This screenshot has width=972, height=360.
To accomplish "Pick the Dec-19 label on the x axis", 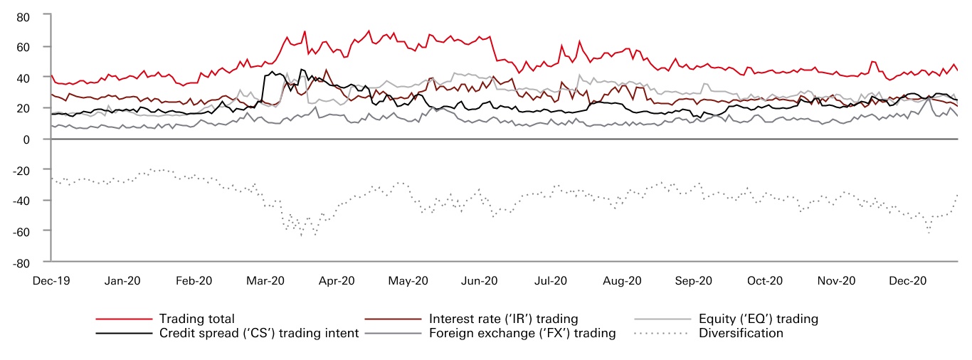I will coord(51,281).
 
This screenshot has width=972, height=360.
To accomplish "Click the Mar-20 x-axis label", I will coord(265,281).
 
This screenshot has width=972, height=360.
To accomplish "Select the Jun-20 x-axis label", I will coord(480,281).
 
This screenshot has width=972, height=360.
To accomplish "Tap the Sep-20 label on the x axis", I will coord(694,281).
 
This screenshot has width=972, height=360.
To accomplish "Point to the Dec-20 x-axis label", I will coord(908,281).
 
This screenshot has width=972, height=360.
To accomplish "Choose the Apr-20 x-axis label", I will coord(337,281).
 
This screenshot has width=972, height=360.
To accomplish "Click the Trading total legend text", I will coord(197,319).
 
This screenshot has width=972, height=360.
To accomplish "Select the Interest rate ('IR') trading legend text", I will coord(504,319).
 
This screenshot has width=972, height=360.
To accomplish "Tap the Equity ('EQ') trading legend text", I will coord(759,319).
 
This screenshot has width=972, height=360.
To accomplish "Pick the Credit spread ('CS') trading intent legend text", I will coord(259,333).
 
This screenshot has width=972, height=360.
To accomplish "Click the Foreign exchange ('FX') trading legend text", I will coord(522,333).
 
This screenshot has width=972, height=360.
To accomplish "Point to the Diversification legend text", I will coord(741,333).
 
